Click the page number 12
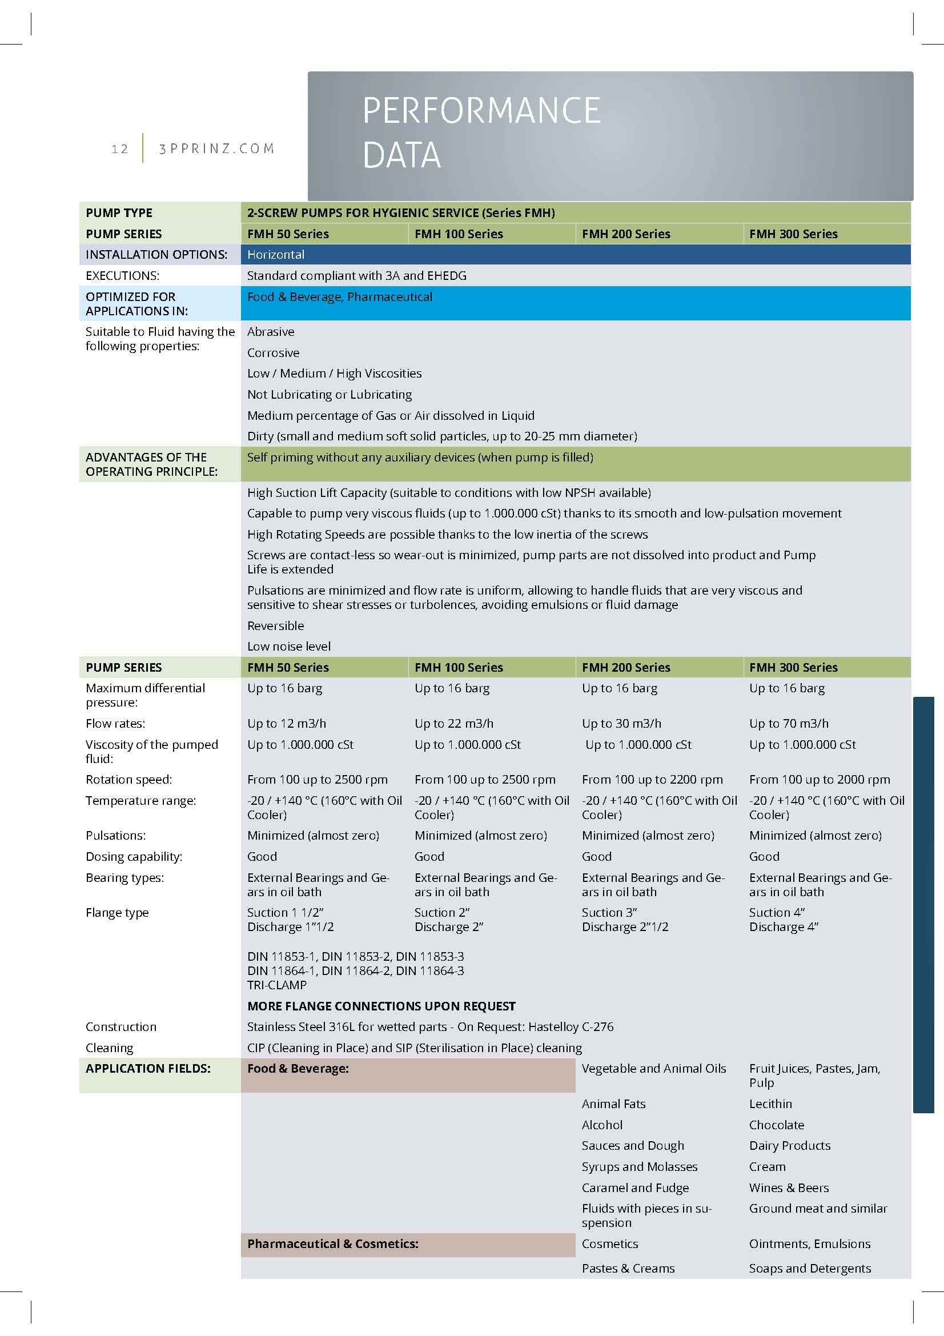(x=120, y=149)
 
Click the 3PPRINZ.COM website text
(x=216, y=149)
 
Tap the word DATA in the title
(x=401, y=155)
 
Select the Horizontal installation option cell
(x=276, y=255)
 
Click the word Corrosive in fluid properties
(x=274, y=352)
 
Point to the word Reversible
(x=276, y=625)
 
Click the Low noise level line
(x=288, y=647)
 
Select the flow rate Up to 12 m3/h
(x=287, y=723)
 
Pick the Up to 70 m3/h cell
(x=789, y=723)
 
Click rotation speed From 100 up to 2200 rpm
(x=652, y=779)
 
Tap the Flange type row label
(x=117, y=912)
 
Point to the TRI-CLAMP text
(x=277, y=985)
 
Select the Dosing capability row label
(x=134, y=857)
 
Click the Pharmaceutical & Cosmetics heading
(x=333, y=1243)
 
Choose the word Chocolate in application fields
(x=777, y=1125)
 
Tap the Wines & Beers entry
(x=789, y=1187)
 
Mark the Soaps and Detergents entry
(x=810, y=1268)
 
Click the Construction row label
(x=121, y=1026)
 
